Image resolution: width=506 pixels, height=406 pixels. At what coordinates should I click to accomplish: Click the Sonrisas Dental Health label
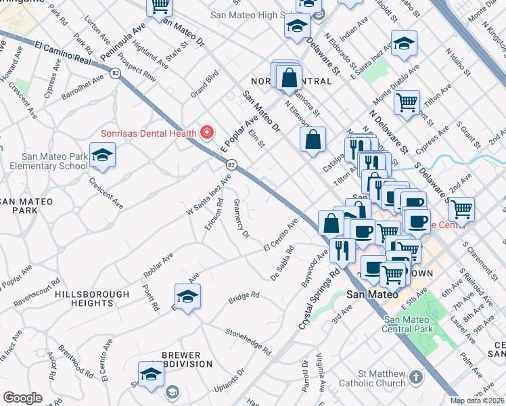[x=148, y=133]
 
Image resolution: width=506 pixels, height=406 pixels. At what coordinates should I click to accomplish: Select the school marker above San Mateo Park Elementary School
[x=102, y=156]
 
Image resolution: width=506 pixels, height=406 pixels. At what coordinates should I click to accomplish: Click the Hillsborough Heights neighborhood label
[x=92, y=294]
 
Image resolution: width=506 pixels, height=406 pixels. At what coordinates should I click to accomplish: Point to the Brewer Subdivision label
[x=181, y=359]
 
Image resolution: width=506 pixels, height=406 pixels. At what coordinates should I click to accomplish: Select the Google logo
[x=22, y=398]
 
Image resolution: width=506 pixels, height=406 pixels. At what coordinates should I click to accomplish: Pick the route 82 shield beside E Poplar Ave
[x=232, y=164]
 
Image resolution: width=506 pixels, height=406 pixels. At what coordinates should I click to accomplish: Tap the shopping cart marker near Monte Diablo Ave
[x=407, y=104]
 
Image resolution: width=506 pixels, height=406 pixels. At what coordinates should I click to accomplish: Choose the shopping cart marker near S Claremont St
[x=461, y=209]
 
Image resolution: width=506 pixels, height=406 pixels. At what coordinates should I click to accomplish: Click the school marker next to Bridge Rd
[x=187, y=296]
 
